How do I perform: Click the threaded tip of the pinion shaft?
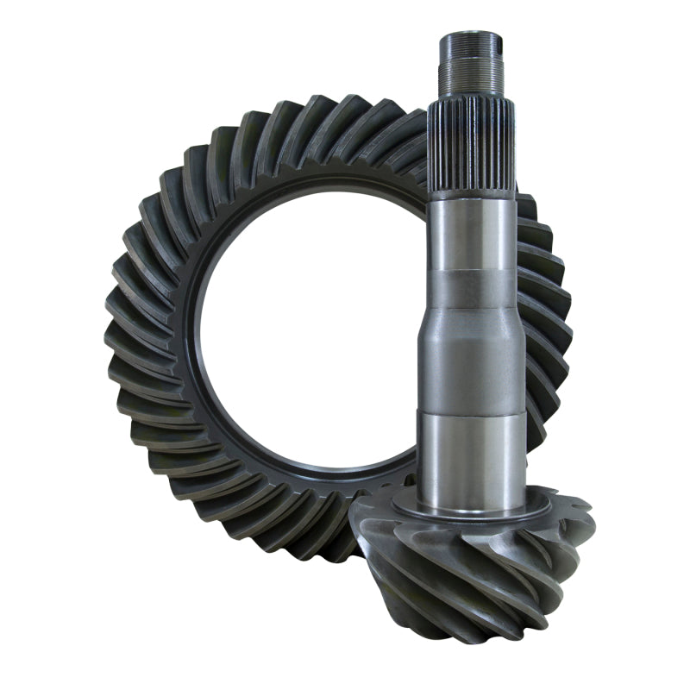[471, 65]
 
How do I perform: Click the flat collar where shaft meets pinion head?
[471, 511]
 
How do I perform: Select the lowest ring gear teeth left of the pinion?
[310, 535]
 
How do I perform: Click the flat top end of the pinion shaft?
[471, 35]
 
